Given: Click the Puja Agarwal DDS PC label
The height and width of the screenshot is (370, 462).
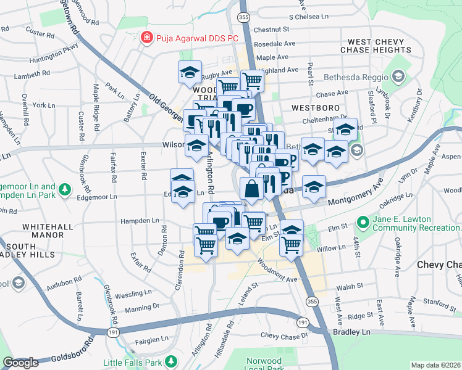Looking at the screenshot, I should pyautogui.click(x=196, y=38).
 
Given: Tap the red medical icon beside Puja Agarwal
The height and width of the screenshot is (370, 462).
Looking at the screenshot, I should pyautogui.click(x=146, y=38).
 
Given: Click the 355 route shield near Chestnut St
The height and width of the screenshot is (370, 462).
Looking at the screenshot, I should pyautogui.click(x=244, y=17).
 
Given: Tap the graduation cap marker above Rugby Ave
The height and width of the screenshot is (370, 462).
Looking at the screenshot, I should pyautogui.click(x=190, y=72).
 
